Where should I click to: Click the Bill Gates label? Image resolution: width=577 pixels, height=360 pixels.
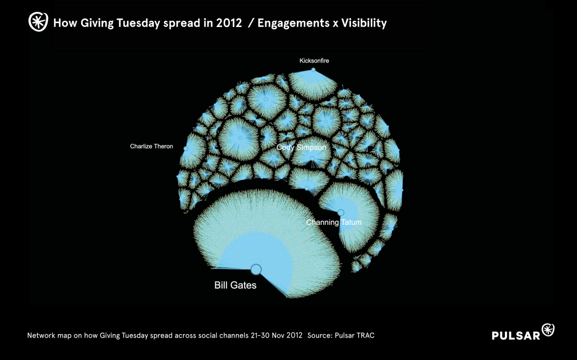tap(235, 285)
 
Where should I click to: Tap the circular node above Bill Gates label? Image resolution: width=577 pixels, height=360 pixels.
tap(256, 269)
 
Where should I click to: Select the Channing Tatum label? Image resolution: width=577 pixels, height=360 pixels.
tap(334, 223)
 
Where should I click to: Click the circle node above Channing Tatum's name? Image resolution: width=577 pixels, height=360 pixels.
tap(341, 212)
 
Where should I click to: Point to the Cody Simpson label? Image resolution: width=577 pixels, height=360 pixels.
tap(301, 147)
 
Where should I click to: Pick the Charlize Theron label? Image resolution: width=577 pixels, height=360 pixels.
tap(151, 146)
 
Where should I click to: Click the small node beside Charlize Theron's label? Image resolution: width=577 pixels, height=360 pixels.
tap(186, 149)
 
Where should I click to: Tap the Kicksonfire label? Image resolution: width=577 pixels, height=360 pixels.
tap(314, 61)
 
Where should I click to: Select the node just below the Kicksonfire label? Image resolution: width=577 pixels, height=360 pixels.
tap(313, 69)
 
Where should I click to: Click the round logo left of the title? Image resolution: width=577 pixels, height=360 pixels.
tap(38, 22)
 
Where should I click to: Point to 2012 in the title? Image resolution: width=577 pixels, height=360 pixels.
tap(229, 23)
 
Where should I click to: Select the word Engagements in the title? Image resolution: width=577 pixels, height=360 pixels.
tap(293, 23)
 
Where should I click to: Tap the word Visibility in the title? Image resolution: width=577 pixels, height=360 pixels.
tap(364, 23)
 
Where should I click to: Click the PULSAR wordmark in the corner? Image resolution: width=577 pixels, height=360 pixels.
tap(516, 335)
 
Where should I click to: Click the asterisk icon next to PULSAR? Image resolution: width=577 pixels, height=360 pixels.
tap(548, 330)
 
